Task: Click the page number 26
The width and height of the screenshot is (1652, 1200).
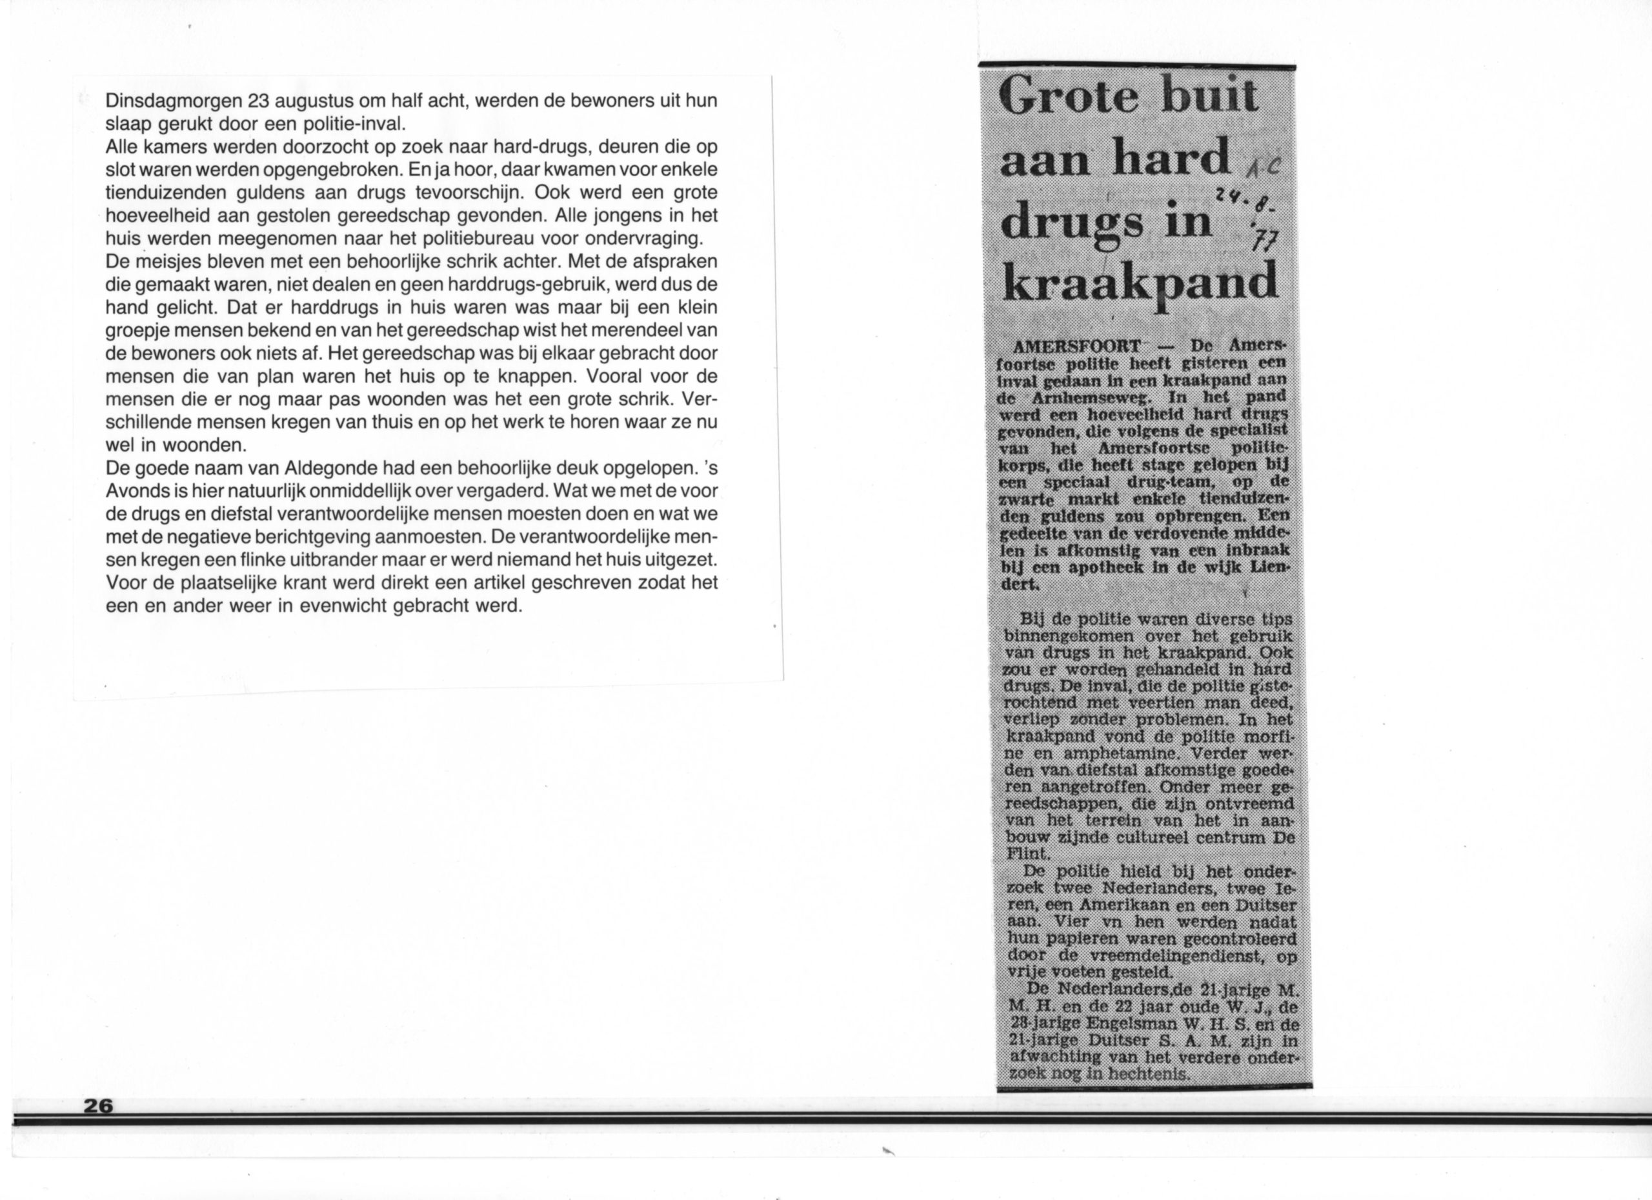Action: pos(98,1105)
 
